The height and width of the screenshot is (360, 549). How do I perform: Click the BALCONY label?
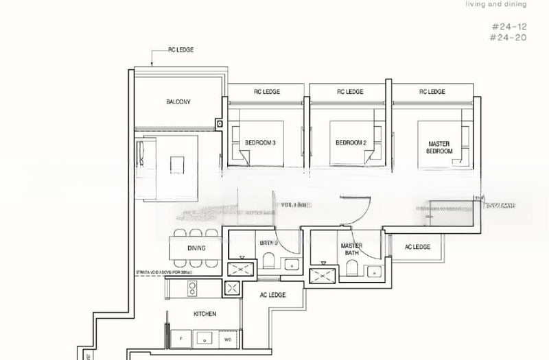[178, 102]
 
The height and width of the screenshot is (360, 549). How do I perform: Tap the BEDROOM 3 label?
[260, 143]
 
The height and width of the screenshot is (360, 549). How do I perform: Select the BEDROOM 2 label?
[351, 143]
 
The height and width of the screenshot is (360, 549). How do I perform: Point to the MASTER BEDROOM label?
[439, 147]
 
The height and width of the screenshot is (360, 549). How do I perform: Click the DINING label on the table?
[196, 248]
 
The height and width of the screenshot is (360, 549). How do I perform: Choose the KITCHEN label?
[205, 313]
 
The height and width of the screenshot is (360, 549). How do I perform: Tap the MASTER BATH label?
[351, 249]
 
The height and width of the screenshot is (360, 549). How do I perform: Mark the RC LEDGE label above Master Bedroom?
[432, 92]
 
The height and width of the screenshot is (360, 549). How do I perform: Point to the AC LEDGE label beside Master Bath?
[417, 247]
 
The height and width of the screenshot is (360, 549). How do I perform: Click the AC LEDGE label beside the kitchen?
[272, 295]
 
